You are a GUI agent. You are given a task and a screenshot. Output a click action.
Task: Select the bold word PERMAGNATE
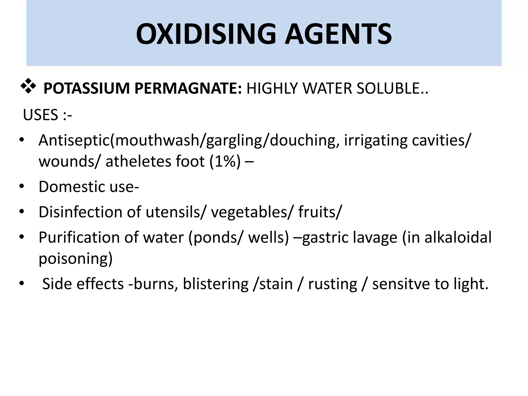point(188,88)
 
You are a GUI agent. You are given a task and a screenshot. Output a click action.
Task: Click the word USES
point(40,115)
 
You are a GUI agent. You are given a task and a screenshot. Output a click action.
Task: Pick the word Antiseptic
point(74,141)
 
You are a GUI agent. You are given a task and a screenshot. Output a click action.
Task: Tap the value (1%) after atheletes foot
point(225,162)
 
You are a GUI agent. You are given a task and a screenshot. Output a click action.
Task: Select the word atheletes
point(138,162)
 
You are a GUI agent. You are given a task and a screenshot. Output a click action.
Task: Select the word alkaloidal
point(458,237)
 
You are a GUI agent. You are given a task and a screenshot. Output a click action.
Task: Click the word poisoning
point(76,259)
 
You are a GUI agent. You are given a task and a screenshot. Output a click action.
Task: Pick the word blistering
point(216,284)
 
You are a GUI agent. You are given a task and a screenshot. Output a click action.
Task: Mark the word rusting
point(333,284)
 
